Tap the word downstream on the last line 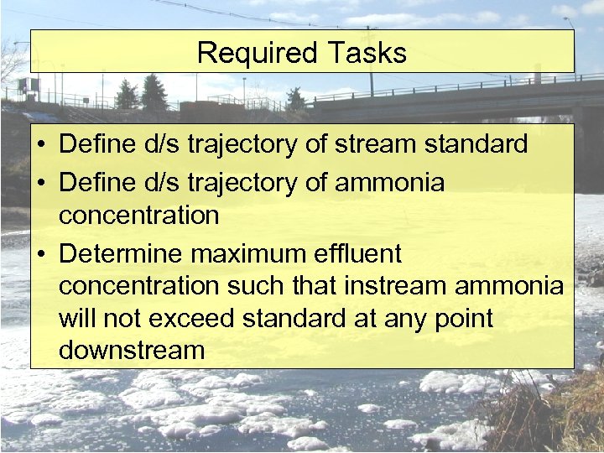tap(132, 351)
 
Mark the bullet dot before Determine tap(41, 254)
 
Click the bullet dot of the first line tap(41, 145)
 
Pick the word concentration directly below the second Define tap(138, 215)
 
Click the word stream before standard tap(374, 144)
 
